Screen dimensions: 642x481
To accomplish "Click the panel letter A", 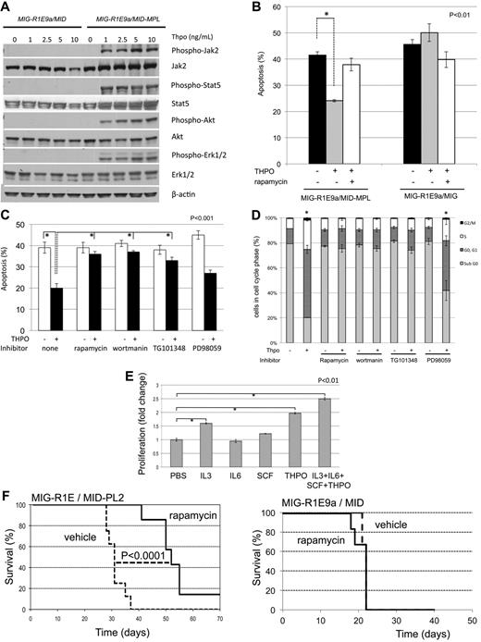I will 6,8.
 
